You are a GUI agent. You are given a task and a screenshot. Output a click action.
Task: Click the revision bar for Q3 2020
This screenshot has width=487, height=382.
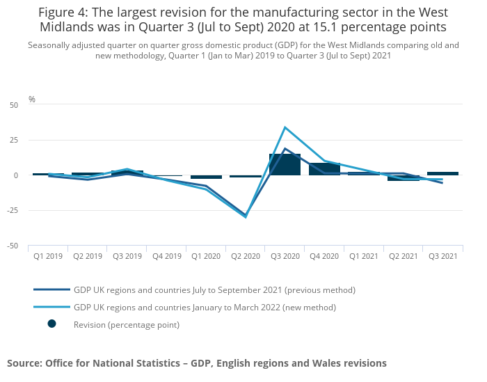[x=285, y=164]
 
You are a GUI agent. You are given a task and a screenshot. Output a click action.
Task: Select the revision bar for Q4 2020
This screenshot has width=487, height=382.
[x=324, y=169]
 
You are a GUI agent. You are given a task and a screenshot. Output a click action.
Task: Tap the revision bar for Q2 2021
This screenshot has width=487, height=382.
[x=404, y=178]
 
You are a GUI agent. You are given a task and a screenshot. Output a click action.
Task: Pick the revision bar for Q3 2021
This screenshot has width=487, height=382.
[x=443, y=173]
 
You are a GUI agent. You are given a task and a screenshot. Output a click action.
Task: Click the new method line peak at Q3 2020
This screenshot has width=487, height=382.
[x=285, y=127]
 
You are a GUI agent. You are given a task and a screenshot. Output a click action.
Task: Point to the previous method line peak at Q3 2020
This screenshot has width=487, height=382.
[x=285, y=148]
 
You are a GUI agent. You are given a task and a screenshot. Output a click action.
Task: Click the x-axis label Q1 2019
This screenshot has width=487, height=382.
[x=48, y=256]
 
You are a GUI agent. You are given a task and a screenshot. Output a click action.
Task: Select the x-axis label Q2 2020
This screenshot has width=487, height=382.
[x=245, y=256]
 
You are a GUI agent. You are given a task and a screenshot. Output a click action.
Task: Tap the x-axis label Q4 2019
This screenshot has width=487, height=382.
[x=166, y=256]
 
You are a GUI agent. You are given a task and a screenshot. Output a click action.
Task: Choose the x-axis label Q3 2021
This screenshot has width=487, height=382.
[x=443, y=256]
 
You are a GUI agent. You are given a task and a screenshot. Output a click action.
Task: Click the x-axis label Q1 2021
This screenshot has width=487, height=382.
[x=364, y=256]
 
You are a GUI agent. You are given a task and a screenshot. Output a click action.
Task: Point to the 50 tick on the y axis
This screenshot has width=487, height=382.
[x=14, y=105]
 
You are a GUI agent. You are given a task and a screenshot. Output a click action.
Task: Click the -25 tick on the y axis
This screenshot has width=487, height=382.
[x=13, y=211]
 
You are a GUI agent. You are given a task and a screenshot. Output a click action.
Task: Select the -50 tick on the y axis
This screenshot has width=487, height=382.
[x=13, y=246]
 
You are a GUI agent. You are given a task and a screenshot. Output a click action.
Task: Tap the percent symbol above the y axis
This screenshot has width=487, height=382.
[x=32, y=100]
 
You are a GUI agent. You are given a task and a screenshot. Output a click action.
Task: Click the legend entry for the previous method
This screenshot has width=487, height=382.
[x=214, y=289]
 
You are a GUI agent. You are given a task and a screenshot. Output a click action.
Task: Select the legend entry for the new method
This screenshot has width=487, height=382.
[x=205, y=307]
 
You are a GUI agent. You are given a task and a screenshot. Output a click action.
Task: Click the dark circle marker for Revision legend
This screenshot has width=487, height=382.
[x=51, y=324]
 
